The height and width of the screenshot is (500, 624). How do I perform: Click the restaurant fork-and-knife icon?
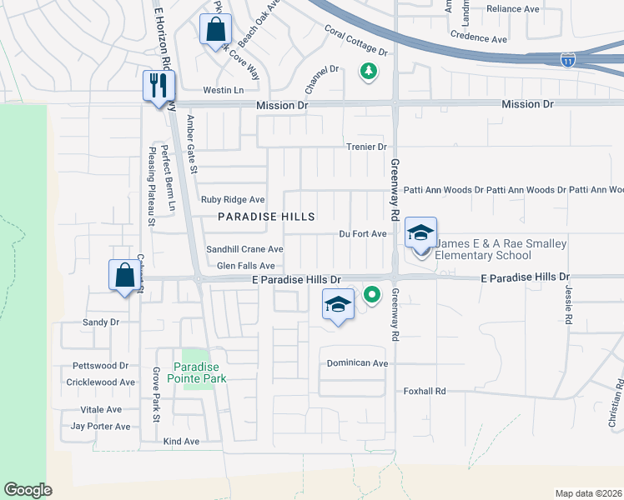[x=157, y=84]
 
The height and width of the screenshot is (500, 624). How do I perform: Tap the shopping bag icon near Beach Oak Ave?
[x=214, y=29]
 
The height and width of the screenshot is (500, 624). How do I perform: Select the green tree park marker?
[x=367, y=72]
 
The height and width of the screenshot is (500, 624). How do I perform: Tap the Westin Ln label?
[x=223, y=90]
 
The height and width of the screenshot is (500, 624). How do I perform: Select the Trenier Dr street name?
[x=367, y=147]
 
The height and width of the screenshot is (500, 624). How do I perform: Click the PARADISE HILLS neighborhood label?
[x=266, y=217]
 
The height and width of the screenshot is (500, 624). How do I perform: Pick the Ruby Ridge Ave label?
[x=233, y=200]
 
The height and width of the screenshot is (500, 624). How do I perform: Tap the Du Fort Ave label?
[x=363, y=234]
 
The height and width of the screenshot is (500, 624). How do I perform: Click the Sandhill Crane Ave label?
[x=244, y=249]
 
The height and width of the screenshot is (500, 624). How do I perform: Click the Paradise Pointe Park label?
[x=200, y=372]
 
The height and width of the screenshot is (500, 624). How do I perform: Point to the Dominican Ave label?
[x=357, y=363]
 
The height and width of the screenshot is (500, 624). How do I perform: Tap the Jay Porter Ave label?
[x=100, y=426]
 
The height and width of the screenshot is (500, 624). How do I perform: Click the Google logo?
[x=28, y=490]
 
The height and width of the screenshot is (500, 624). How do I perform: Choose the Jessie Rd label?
[x=567, y=307]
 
